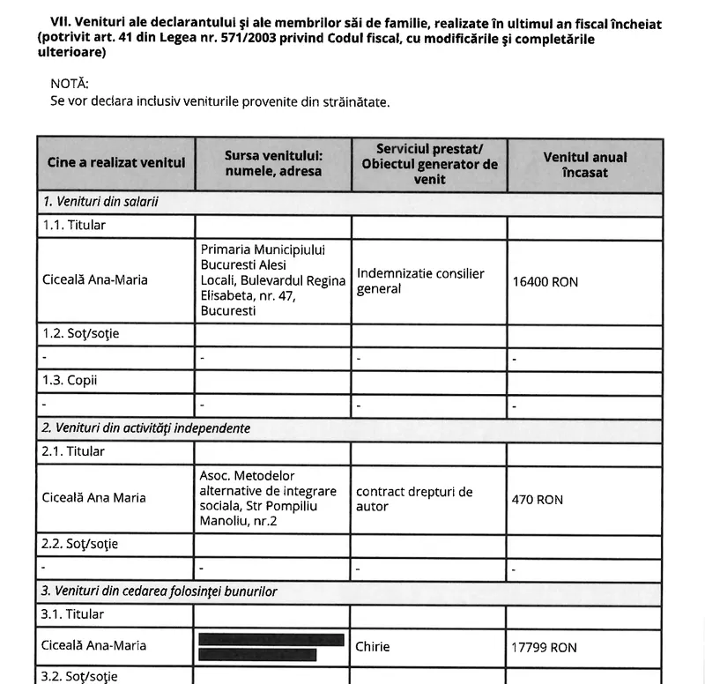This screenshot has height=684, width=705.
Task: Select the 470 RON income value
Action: [x=537, y=500]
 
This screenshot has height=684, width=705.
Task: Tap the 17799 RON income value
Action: [x=544, y=647]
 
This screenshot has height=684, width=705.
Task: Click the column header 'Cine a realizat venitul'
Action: [x=115, y=163]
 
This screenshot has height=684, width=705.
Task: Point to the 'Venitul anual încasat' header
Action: [x=584, y=165]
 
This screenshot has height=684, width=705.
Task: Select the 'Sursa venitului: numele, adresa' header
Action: [x=273, y=163]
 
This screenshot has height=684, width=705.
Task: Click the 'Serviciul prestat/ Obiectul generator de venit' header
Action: [x=429, y=164]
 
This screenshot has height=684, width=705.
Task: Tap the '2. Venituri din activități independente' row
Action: [x=146, y=428]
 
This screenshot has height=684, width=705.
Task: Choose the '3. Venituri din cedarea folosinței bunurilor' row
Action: [x=160, y=591]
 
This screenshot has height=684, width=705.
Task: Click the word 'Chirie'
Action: [x=373, y=646]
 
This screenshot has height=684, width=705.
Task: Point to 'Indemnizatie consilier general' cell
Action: [x=420, y=281]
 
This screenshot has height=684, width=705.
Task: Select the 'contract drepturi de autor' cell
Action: [x=414, y=499]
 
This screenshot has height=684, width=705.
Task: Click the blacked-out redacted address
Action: [x=271, y=646]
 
